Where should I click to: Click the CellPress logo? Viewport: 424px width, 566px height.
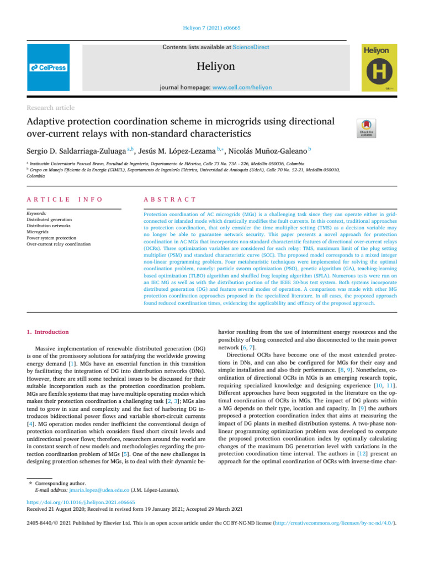[x=48, y=67]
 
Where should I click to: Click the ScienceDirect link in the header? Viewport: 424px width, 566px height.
[x=251, y=48]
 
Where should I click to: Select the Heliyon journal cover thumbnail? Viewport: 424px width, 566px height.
[x=379, y=67]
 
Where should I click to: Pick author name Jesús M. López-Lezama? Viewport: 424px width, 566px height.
[x=176, y=149]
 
